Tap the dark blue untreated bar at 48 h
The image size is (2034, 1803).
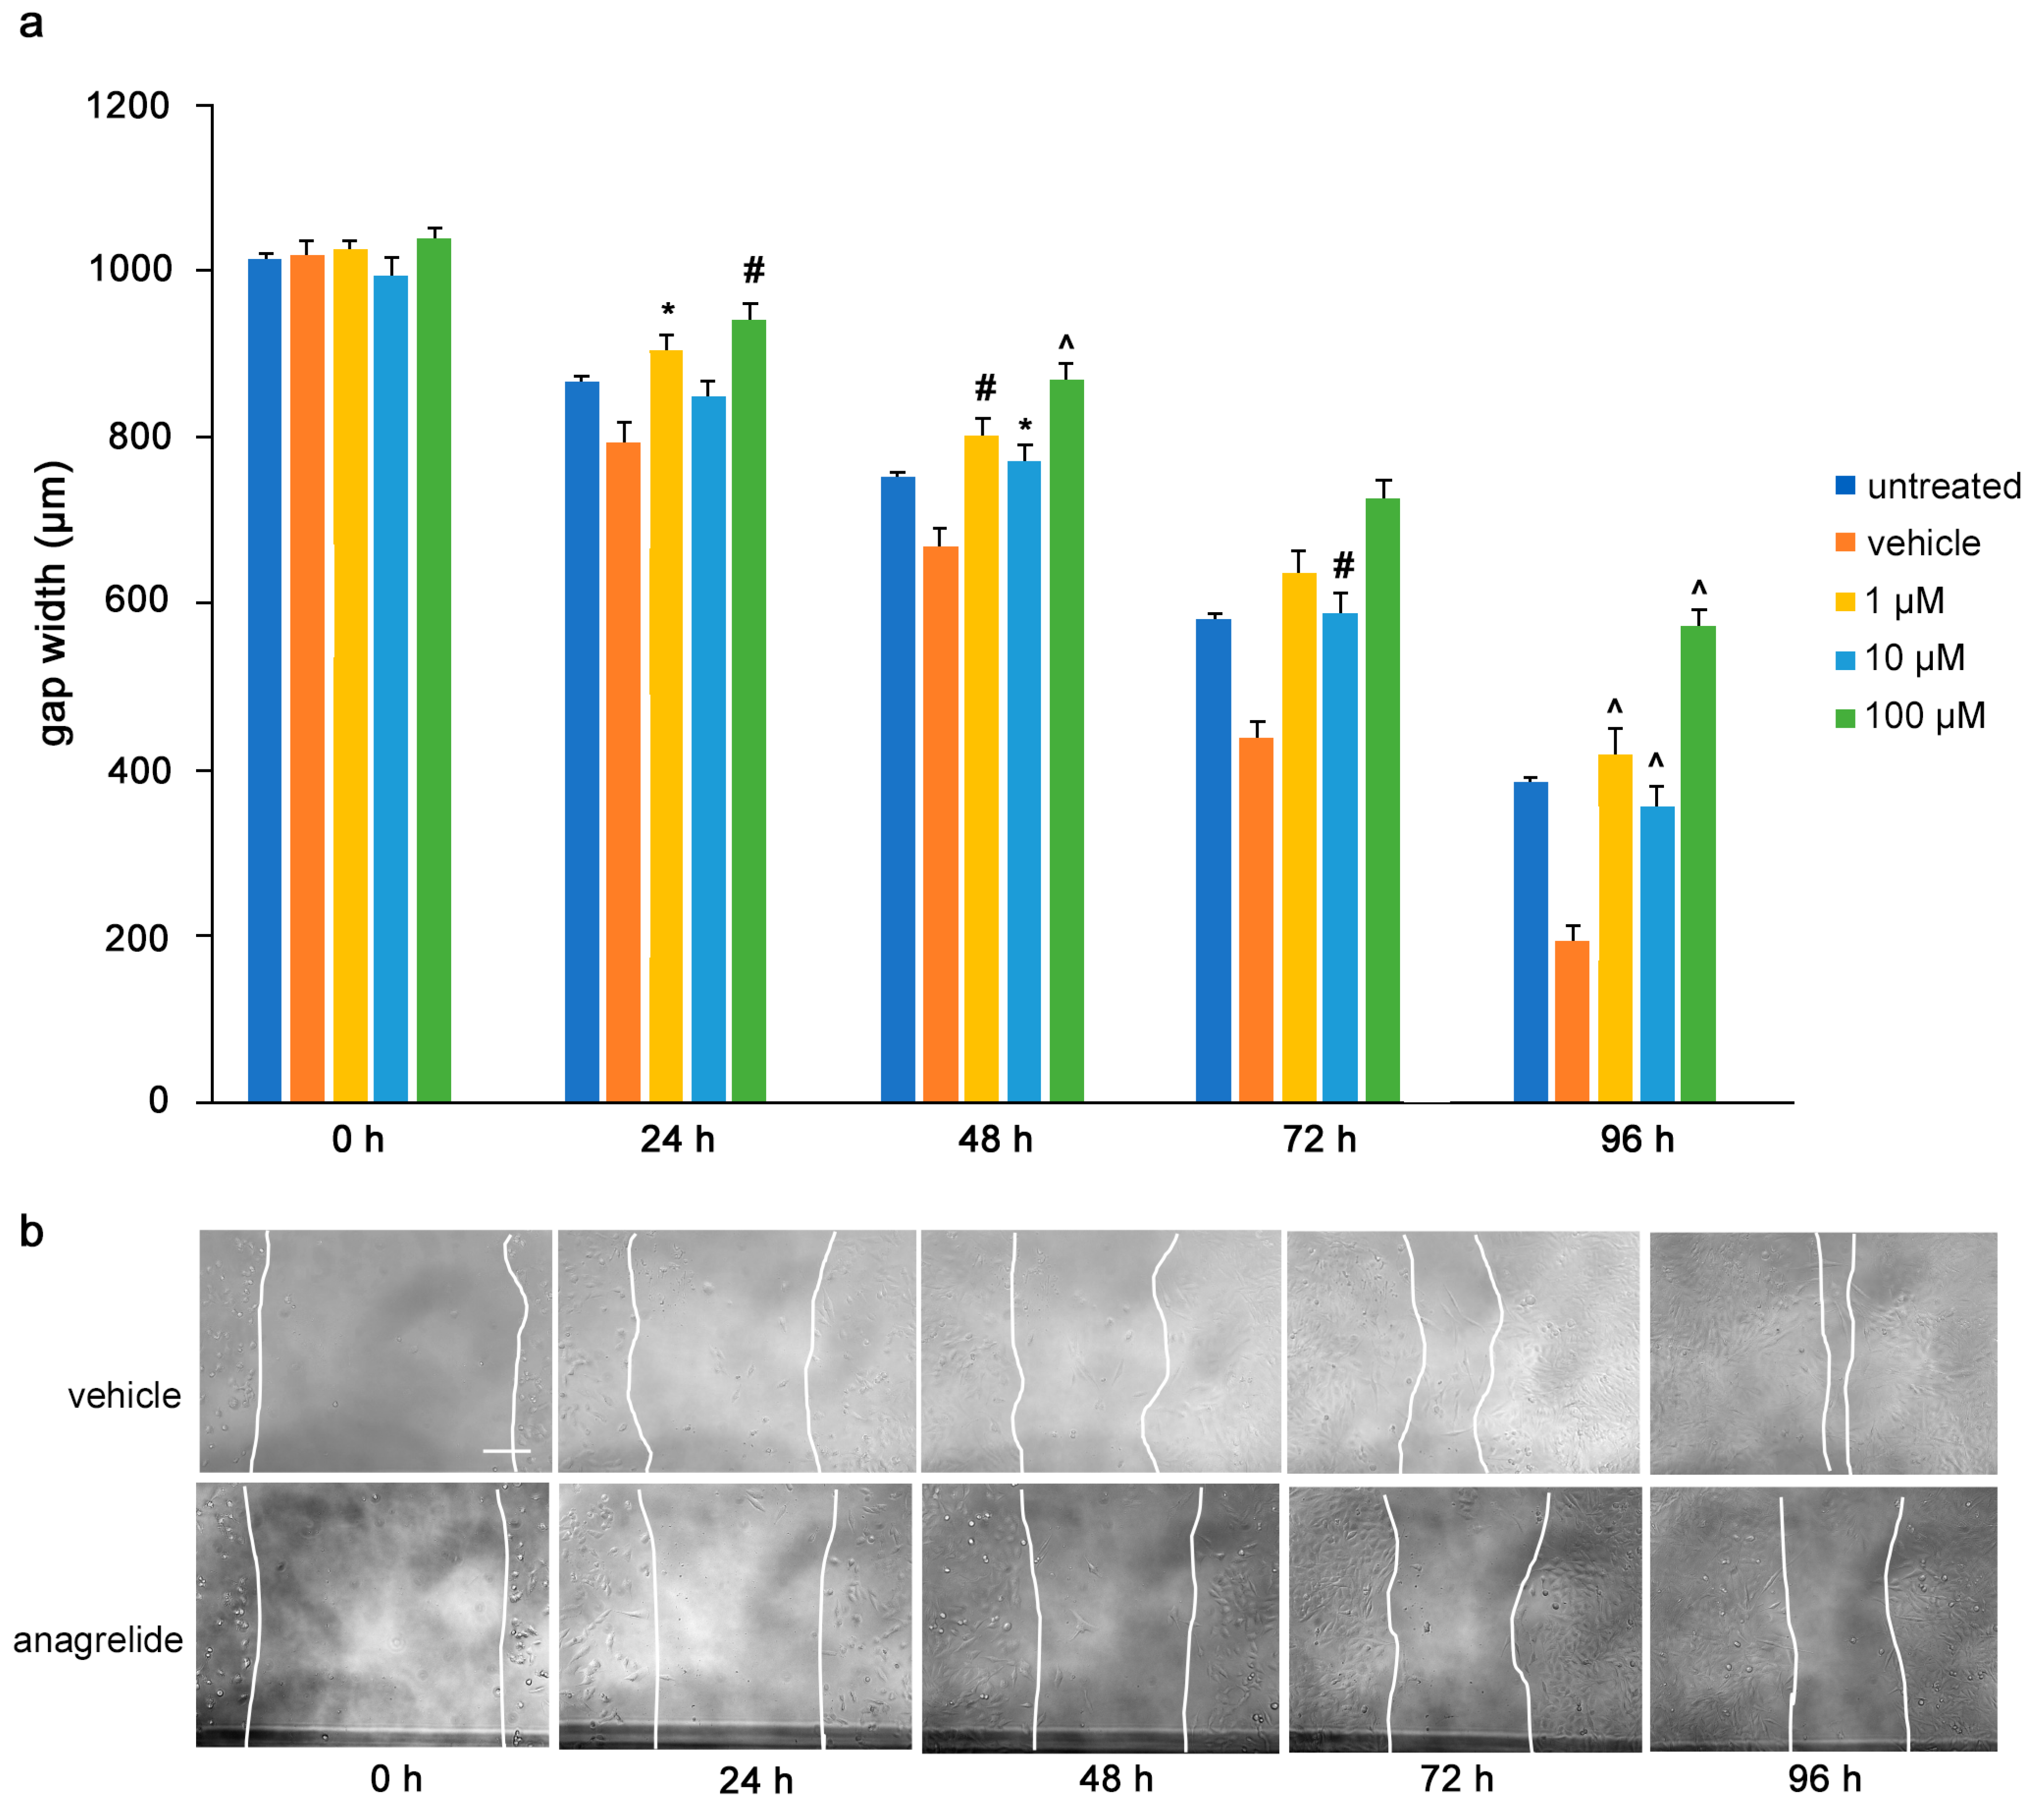point(898,789)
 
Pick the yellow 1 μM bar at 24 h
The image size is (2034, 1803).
point(666,727)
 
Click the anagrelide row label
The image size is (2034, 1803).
point(97,1640)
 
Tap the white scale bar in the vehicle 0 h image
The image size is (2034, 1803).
point(507,1451)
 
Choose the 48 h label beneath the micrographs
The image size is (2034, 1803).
point(1116,1778)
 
